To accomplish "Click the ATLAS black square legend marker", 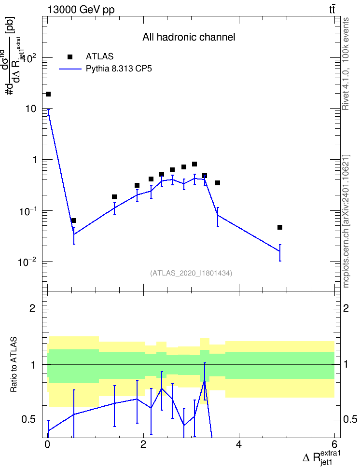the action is click(70, 57).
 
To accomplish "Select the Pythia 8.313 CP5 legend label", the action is click(119, 69).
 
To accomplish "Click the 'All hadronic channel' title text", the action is click(189, 37).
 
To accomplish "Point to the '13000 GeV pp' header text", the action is click(81, 10).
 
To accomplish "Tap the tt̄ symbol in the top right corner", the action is click(332, 9).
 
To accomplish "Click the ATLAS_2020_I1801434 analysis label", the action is click(191, 273).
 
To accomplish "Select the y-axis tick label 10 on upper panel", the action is click(31, 109).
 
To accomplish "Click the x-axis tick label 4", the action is click(239, 444).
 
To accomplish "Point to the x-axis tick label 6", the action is click(334, 444).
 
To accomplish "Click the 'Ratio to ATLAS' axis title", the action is click(14, 364).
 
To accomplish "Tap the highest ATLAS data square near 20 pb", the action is click(48, 94).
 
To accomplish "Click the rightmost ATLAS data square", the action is click(280, 227).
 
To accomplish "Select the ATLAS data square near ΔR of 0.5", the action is click(74, 221).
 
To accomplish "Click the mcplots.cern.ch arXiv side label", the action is click(346, 221).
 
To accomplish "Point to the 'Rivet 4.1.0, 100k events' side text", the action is click(346, 64).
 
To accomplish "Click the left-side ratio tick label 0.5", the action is click(28, 420).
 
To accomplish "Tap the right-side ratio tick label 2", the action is click(346, 308).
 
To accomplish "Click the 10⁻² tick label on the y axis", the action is click(27, 262).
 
